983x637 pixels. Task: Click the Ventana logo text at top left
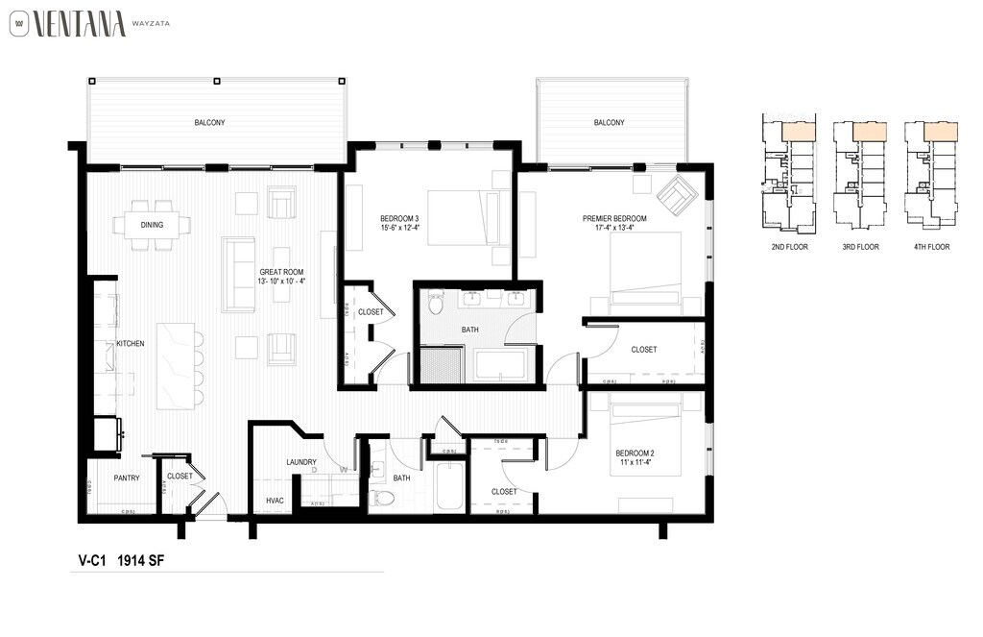tap(79, 23)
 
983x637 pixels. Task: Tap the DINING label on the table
tap(152, 226)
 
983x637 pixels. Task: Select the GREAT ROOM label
tap(281, 272)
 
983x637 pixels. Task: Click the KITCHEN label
tap(130, 343)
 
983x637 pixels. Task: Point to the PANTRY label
tap(126, 478)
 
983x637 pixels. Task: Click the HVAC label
tap(274, 501)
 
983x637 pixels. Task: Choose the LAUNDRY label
tap(300, 462)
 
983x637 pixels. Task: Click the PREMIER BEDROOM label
tap(614, 219)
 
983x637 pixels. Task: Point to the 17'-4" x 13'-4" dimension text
tap(614, 230)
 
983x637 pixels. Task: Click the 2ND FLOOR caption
tap(790, 247)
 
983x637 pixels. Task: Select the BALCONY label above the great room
tap(209, 123)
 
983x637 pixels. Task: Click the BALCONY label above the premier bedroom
tap(609, 123)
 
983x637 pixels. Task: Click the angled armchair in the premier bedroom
tap(677, 195)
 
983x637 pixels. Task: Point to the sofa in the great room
tap(238, 275)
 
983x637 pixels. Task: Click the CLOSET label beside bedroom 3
tap(371, 312)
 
